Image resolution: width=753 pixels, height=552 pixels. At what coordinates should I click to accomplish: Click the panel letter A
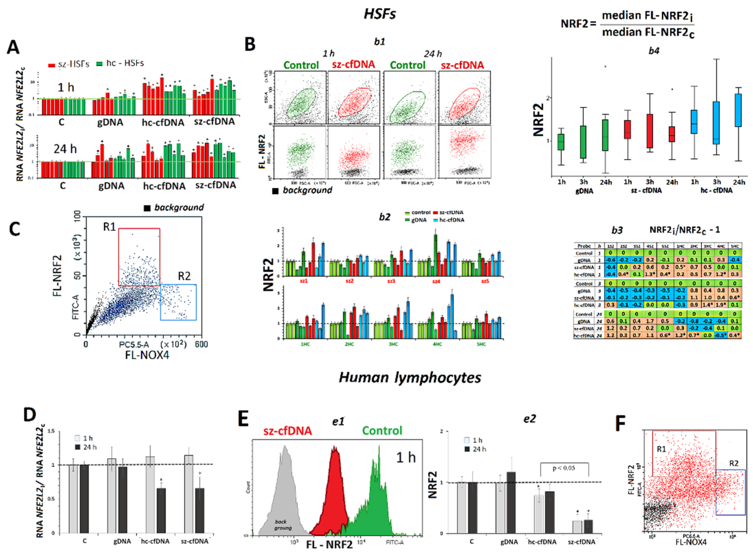coord(13,47)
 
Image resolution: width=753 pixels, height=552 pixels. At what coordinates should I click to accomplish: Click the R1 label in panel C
coord(109,227)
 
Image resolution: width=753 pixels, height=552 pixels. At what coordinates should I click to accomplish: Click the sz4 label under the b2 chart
coord(436,281)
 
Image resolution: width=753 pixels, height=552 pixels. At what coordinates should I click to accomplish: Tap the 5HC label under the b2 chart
coord(481,344)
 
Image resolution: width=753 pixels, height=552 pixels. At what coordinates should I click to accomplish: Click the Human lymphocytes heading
coord(410,378)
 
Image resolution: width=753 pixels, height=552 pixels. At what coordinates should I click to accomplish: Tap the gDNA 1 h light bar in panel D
coord(112,496)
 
